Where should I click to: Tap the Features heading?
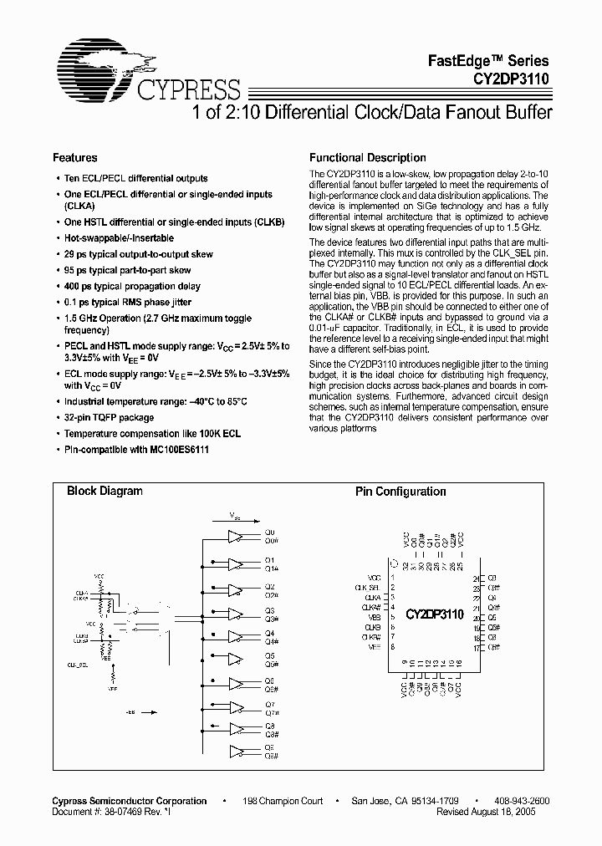point(74,157)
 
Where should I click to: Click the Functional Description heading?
point(367,157)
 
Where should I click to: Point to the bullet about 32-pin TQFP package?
point(109,417)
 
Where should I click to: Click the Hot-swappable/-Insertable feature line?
point(119,238)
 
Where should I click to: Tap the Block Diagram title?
point(105,492)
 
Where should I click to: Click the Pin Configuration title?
point(400,492)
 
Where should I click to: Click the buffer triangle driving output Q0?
point(237,536)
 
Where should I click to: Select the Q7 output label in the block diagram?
point(269,704)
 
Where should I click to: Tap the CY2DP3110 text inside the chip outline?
point(434,613)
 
